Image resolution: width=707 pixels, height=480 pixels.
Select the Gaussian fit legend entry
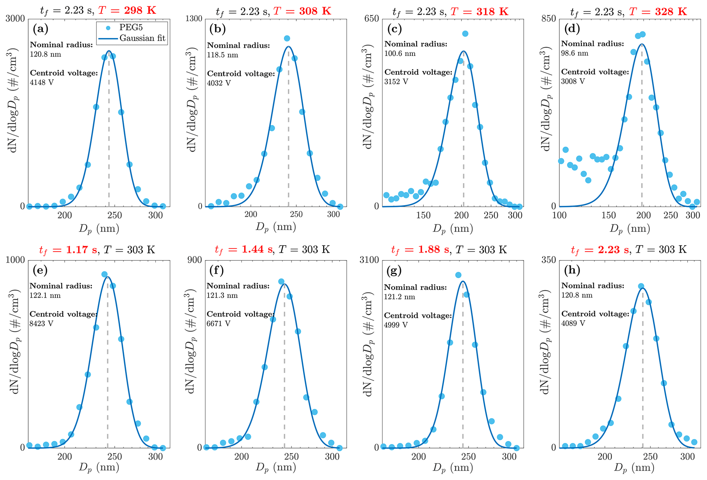pos(142,38)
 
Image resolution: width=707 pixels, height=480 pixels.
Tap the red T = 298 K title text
pos(127,11)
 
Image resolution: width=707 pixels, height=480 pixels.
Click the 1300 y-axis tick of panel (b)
pos(194,18)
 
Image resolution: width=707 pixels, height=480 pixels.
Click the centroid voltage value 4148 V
pos(42,82)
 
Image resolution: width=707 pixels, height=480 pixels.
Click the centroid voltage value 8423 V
pos(42,324)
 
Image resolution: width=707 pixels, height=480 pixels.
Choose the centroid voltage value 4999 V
pos(396,325)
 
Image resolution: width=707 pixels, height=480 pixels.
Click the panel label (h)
pos(572,271)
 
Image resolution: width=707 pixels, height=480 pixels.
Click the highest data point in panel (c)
pos(465,34)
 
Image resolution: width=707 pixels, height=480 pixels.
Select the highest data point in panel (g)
pos(458,275)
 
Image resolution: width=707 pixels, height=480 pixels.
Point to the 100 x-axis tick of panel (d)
pos(560,215)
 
